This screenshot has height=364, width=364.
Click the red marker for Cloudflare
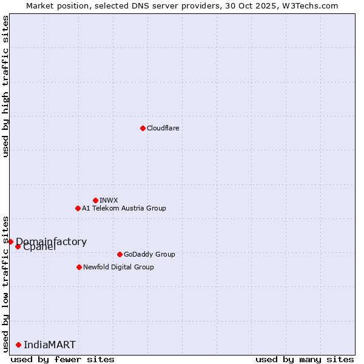(143, 128)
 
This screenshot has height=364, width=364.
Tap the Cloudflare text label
(163, 128)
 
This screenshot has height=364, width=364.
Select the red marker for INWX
(95, 200)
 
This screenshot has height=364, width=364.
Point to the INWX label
(109, 200)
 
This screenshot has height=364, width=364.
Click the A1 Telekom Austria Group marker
(78, 208)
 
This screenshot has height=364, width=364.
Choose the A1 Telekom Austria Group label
(124, 208)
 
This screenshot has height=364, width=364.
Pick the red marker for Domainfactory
(10, 241)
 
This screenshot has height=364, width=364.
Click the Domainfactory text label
(52, 241)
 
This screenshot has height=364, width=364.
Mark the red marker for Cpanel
(18, 246)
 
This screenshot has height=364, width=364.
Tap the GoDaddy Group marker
(120, 254)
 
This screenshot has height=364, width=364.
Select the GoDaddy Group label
(149, 254)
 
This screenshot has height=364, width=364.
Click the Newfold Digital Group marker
(79, 267)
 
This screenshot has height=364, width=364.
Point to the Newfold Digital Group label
(118, 267)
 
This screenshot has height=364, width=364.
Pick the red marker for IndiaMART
(18, 345)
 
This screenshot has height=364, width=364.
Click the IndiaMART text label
(50, 345)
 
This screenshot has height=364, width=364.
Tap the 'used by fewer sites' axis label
(62, 359)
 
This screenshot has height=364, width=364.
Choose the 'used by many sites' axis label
(305, 359)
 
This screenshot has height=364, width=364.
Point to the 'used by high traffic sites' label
(5, 86)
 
